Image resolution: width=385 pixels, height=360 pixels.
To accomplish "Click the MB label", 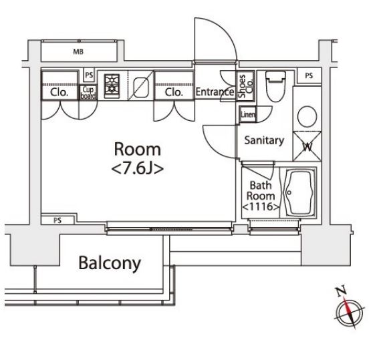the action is tap(78, 51).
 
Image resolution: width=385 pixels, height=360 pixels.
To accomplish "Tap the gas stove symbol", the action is tap(112, 86).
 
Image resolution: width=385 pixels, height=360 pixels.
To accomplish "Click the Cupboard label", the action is tap(88, 93).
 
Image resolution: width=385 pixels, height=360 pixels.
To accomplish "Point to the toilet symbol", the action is tap(276, 86).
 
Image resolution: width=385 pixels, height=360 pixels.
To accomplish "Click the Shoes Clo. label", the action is tap(246, 86).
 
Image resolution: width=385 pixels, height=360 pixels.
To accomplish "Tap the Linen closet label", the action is tap(248, 114).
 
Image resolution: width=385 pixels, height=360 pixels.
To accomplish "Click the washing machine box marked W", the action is tap(307, 146).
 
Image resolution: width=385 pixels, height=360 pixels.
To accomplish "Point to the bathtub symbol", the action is tap(299, 192).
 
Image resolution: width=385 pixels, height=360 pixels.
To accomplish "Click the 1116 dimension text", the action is tap(261, 206).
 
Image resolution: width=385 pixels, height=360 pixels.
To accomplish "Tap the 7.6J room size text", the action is tap(138, 169).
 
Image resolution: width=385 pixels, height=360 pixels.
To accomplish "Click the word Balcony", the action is tap(110, 263).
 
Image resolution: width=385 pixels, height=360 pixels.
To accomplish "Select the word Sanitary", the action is tap(264, 140).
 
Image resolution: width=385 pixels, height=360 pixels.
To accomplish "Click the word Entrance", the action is tap(215, 92).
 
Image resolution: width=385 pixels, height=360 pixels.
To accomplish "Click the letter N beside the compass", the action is tap(341, 291).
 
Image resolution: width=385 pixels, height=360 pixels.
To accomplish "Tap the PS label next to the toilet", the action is tap(309, 76).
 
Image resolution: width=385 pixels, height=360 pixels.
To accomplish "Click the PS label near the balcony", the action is tap(57, 220).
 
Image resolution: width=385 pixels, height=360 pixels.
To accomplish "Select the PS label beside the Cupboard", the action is tap(89, 75).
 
